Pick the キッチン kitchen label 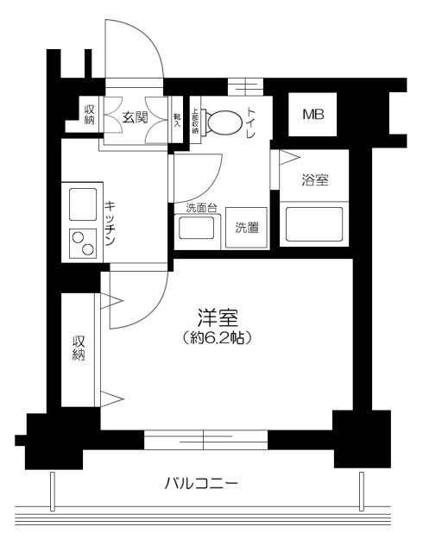(111, 223)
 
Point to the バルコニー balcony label (201, 484)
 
